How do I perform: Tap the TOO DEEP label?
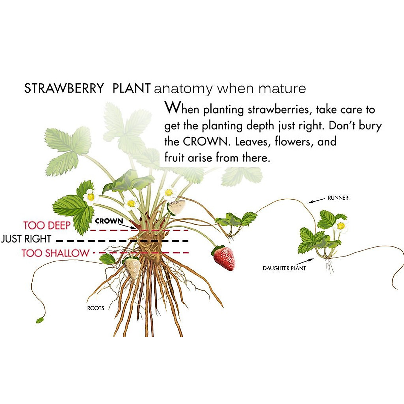tap(47, 225)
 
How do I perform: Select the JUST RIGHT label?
tap(26, 239)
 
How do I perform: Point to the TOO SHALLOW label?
tap(56, 253)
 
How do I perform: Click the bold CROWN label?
tap(109, 221)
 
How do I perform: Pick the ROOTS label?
tap(96, 308)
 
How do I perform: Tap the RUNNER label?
tap(338, 198)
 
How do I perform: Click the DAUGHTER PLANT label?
tap(284, 268)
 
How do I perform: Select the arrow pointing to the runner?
tap(316, 201)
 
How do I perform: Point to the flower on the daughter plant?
tap(341, 226)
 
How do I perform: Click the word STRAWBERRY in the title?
tap(64, 89)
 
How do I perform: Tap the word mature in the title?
tap(282, 89)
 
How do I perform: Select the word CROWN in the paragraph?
tap(205, 142)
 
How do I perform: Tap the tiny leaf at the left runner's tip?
tap(40, 319)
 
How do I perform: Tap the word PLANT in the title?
tap(131, 89)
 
